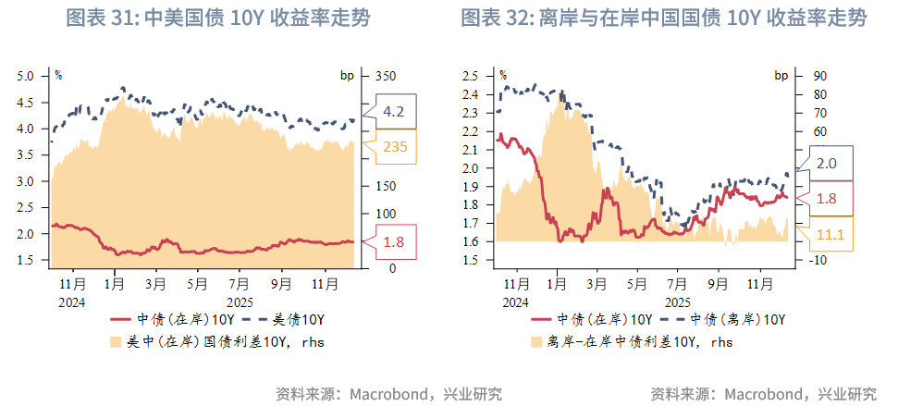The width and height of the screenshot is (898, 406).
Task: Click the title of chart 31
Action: pos(218,18)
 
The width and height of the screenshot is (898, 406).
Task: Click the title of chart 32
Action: pos(663,18)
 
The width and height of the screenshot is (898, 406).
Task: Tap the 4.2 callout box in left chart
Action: pos(394,112)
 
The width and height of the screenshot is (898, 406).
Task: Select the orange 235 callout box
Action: pos(394,145)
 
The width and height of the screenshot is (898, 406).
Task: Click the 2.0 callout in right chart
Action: pos(827,163)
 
